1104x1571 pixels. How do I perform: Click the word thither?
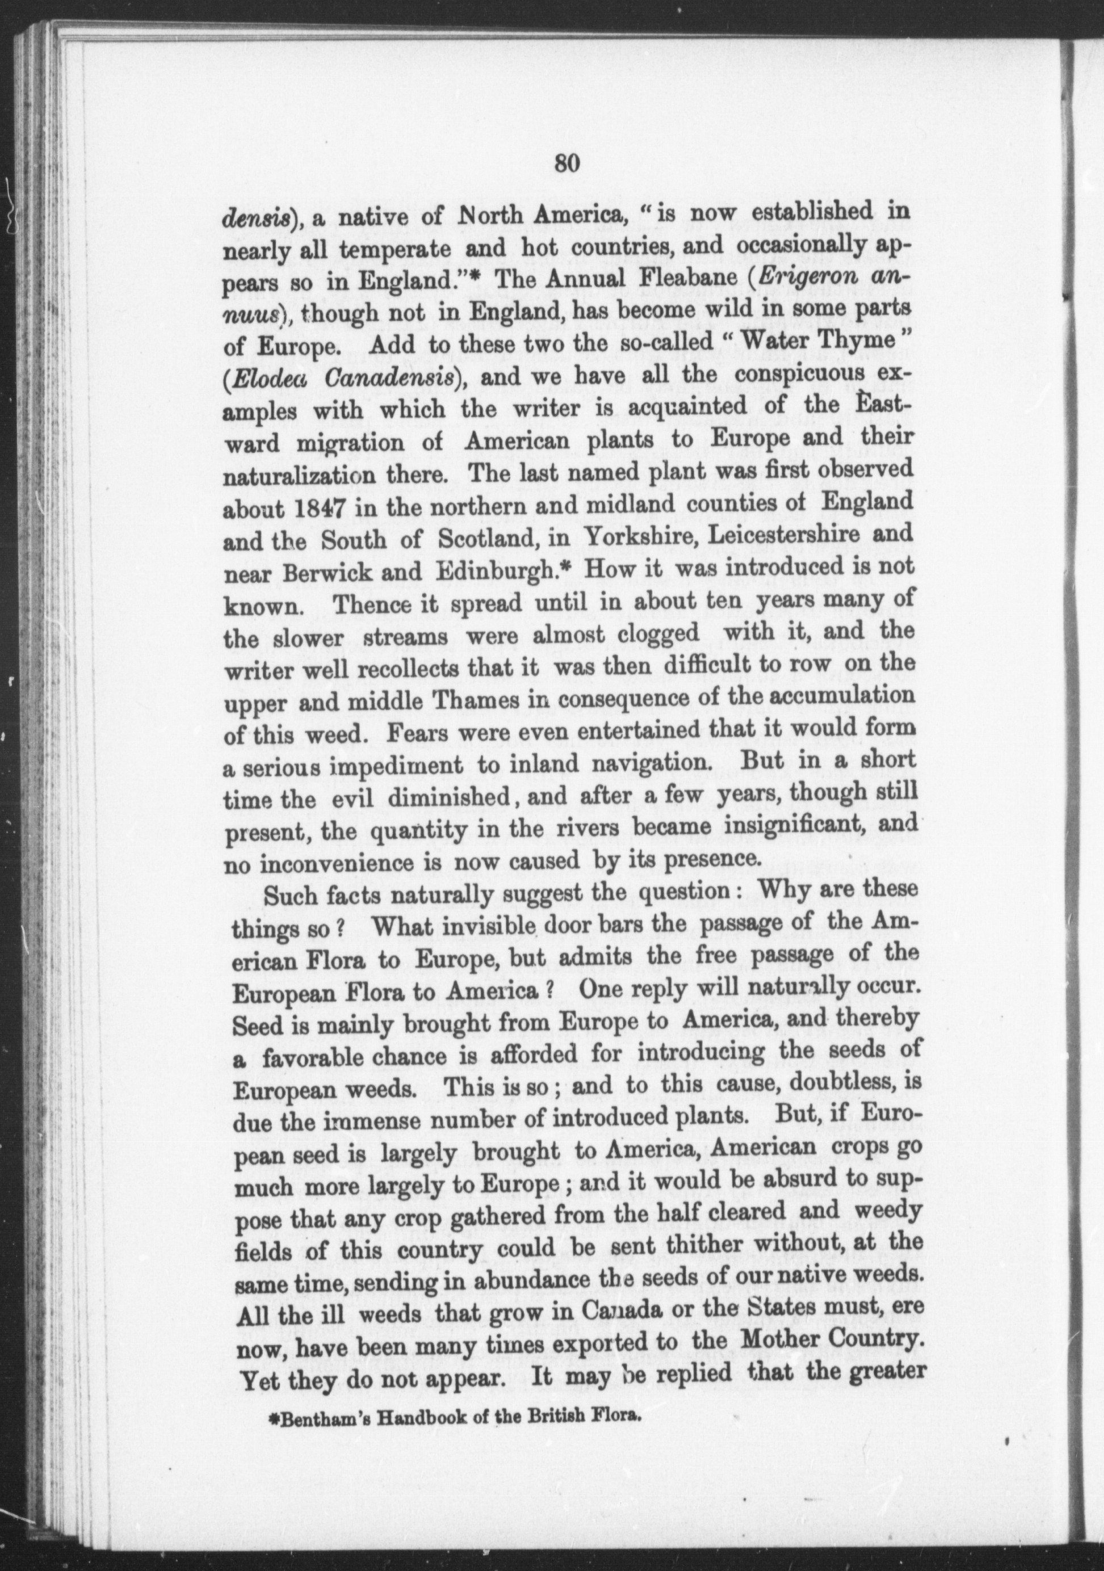pos(687,1248)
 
